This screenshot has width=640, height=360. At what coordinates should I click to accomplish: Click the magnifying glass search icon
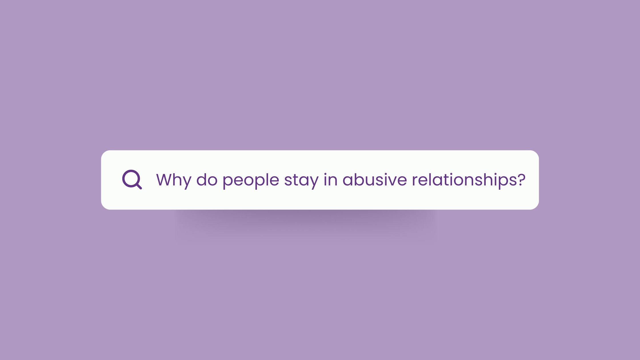[x=132, y=179]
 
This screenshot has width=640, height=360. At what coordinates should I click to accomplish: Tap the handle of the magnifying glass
[x=139, y=186]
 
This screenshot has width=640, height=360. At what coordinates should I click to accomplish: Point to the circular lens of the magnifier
[x=131, y=178]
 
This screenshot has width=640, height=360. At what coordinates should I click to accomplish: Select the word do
[x=207, y=180]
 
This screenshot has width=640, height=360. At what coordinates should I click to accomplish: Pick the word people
[x=251, y=181]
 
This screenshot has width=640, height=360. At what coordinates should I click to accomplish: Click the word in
[x=330, y=180]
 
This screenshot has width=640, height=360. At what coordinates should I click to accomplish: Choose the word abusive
[x=375, y=180]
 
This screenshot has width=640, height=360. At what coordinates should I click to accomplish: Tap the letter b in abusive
[x=361, y=180]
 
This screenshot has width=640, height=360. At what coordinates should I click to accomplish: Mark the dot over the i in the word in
[x=325, y=174]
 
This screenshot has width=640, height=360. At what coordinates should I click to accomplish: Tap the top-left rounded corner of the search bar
[x=103, y=153]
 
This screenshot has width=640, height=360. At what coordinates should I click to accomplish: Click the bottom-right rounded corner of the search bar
[x=537, y=207]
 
